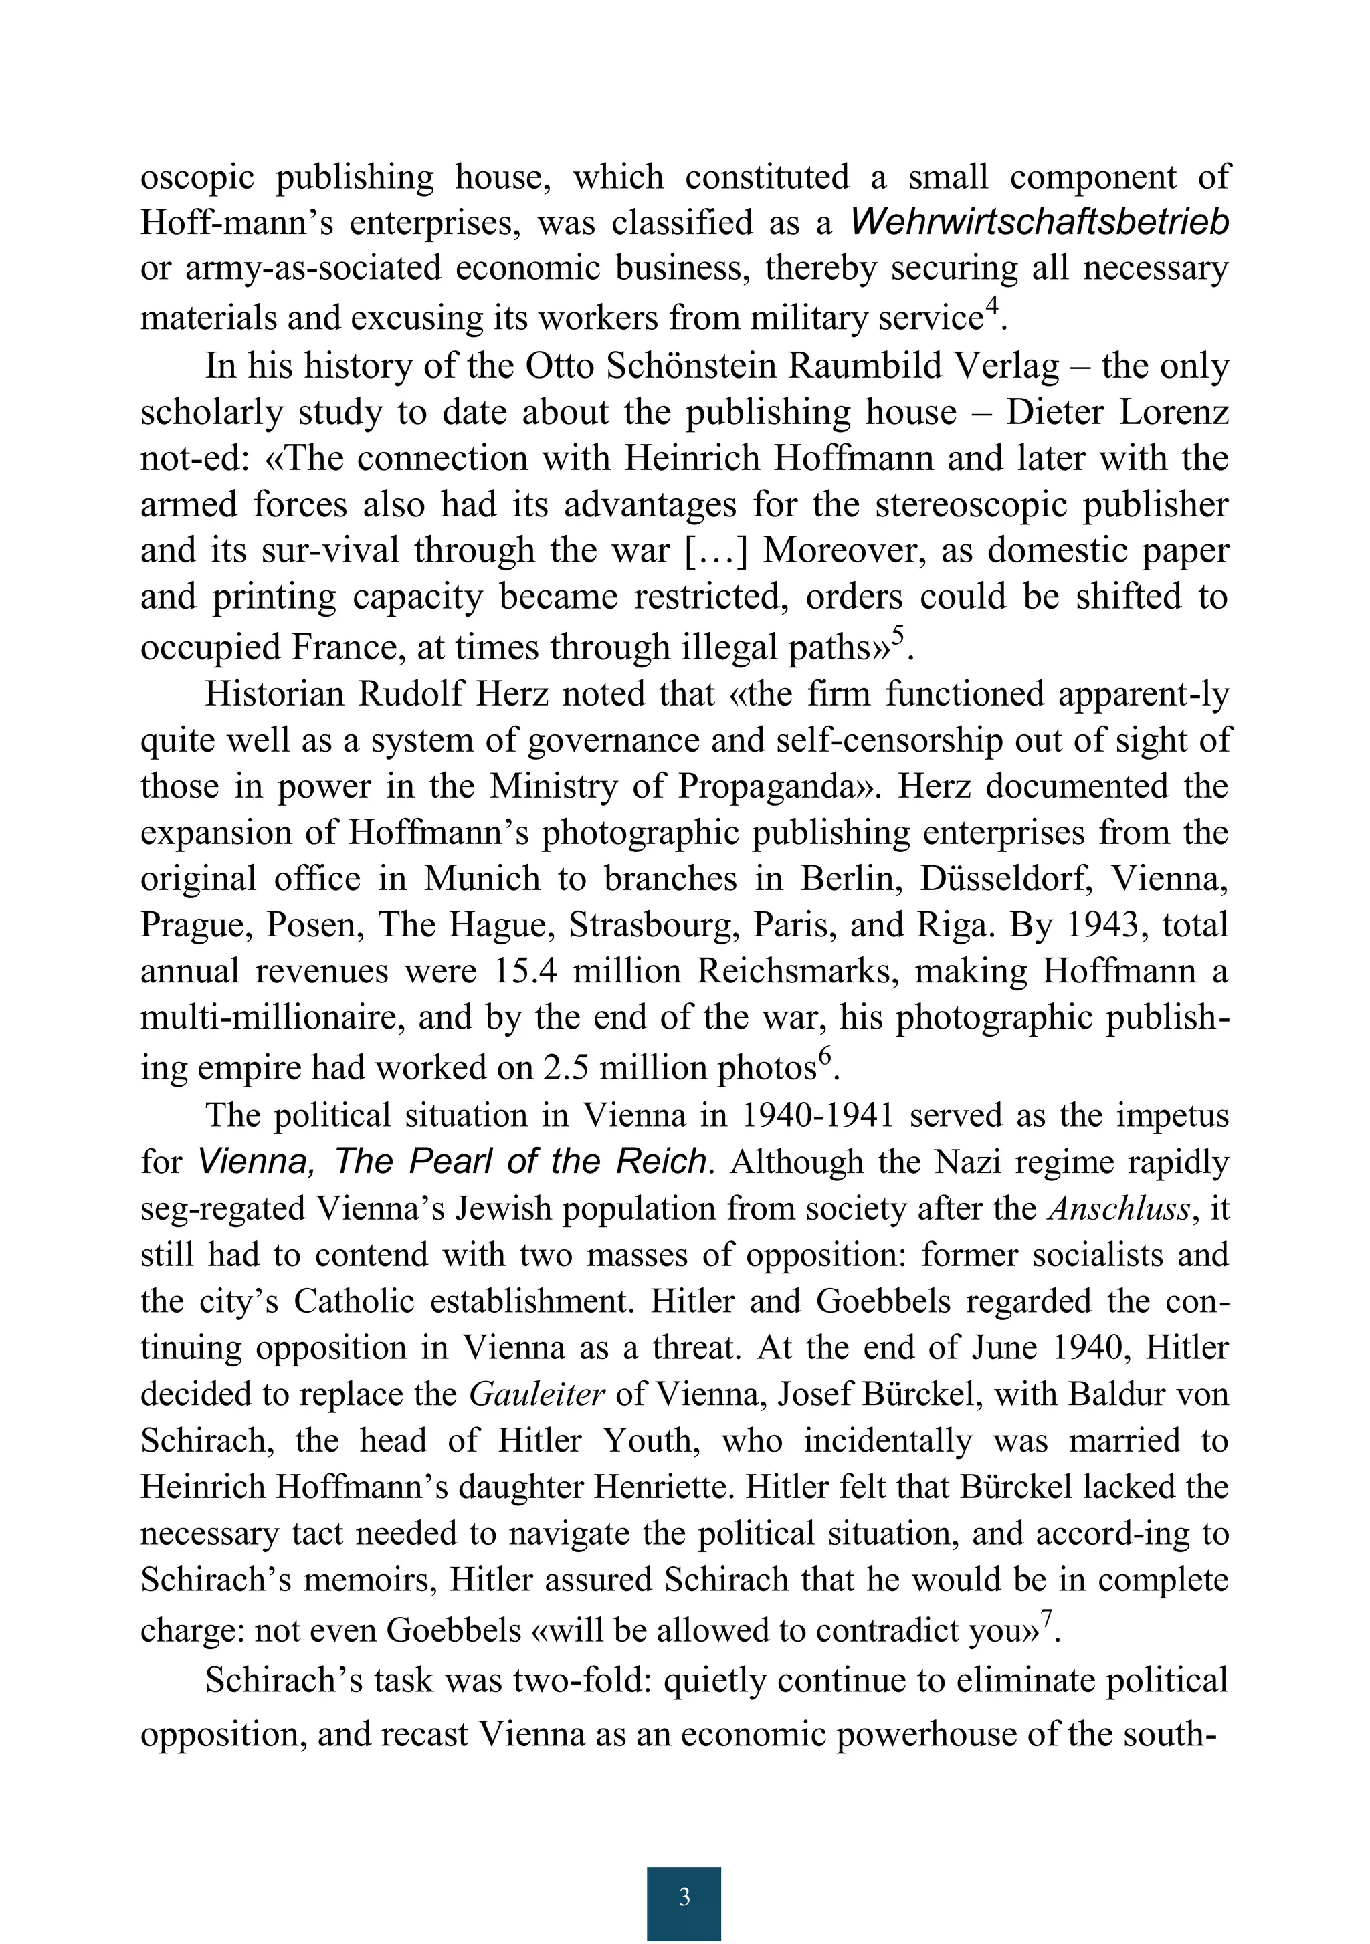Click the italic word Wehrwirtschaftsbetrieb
(1039, 222)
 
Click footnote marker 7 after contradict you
(1046, 1618)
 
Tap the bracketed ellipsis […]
(716, 550)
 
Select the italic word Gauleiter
(536, 1394)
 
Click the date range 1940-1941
(817, 1115)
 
